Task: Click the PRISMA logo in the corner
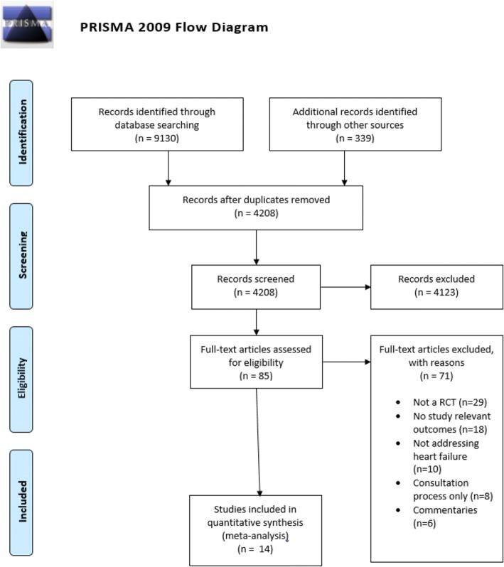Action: pyautogui.click(x=26, y=23)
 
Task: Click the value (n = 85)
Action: pyautogui.click(x=255, y=375)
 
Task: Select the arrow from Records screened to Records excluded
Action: pyautogui.click(x=345, y=288)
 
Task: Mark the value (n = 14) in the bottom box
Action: pyautogui.click(x=255, y=549)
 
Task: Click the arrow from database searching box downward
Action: pyautogui.click(x=168, y=167)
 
